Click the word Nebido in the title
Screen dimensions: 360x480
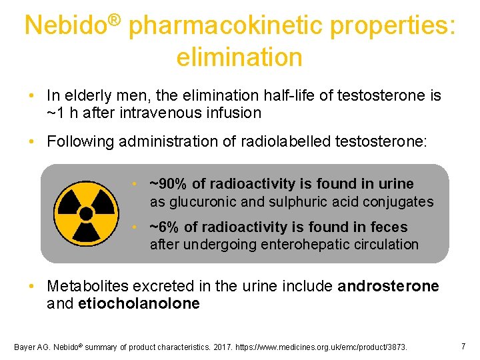pyautogui.click(x=65, y=26)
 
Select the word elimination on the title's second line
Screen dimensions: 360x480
pyautogui.click(x=239, y=57)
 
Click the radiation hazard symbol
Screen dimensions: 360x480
pyautogui.click(x=86, y=213)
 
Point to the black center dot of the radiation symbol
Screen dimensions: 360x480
pyautogui.click(x=86, y=214)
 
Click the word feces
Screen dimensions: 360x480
pyautogui.click(x=389, y=227)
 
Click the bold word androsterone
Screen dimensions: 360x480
pyautogui.click(x=389, y=287)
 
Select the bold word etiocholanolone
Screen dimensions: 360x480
pyautogui.click(x=139, y=304)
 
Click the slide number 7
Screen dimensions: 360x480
pyautogui.click(x=463, y=346)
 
